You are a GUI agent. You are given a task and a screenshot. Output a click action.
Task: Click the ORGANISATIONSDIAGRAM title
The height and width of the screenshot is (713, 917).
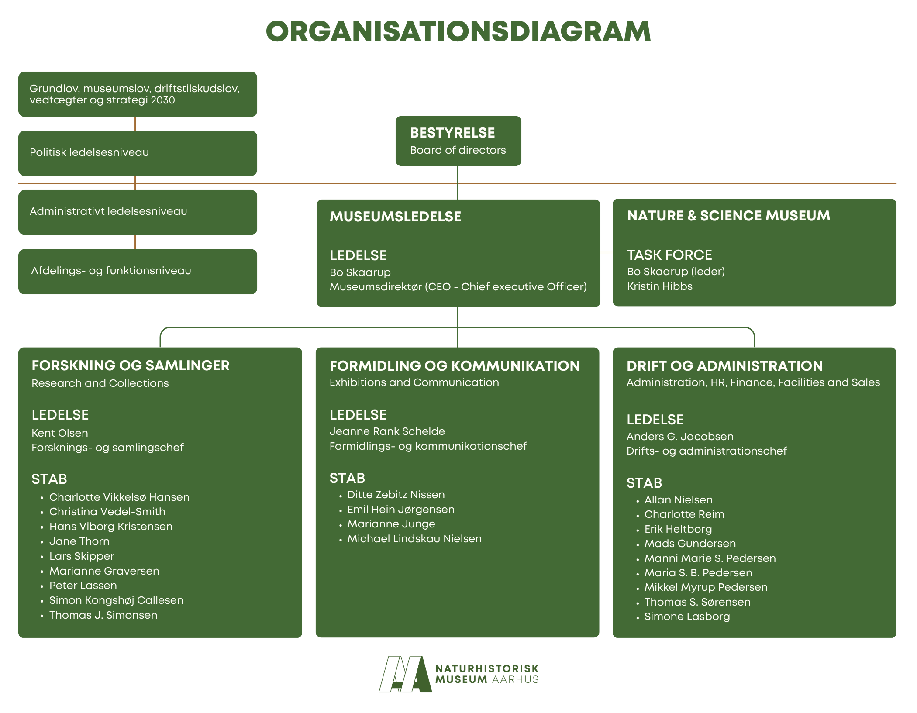[458, 32]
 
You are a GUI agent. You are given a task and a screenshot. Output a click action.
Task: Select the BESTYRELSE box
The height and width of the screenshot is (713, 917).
[458, 141]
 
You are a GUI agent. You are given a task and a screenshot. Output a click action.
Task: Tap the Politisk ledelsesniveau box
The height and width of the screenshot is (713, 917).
[138, 153]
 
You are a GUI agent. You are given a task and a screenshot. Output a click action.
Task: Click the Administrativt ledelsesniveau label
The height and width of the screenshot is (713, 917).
[108, 211]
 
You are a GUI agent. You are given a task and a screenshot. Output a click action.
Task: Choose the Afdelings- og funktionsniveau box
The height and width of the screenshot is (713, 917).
[138, 271]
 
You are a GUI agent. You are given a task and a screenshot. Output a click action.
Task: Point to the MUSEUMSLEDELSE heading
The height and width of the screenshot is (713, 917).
[395, 217]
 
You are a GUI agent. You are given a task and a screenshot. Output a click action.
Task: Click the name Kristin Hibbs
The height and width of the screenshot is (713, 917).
[659, 286]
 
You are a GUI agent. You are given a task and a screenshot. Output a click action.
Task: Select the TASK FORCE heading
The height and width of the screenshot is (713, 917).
[669, 255]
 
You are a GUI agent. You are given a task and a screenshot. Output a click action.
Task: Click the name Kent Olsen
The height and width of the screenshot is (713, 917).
[60, 433]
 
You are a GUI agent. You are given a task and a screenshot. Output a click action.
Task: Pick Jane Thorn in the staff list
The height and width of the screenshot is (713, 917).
[79, 541]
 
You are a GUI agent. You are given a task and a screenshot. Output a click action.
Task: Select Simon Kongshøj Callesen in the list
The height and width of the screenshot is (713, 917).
[116, 600]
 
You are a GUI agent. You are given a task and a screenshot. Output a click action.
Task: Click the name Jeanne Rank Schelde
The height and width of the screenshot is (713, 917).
[387, 431]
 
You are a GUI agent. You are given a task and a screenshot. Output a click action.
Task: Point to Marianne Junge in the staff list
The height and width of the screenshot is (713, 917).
[391, 524]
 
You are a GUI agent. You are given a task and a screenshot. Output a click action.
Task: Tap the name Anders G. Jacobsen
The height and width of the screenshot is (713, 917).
[680, 437]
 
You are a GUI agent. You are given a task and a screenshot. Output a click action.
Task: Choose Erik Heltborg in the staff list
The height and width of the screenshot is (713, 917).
[678, 529]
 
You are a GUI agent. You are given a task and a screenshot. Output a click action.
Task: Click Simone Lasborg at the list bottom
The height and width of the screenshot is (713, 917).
[687, 617]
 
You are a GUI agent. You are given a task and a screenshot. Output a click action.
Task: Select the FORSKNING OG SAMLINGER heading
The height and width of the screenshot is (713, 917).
[131, 365]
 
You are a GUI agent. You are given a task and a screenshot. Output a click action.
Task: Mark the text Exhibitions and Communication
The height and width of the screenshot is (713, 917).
[414, 382]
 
